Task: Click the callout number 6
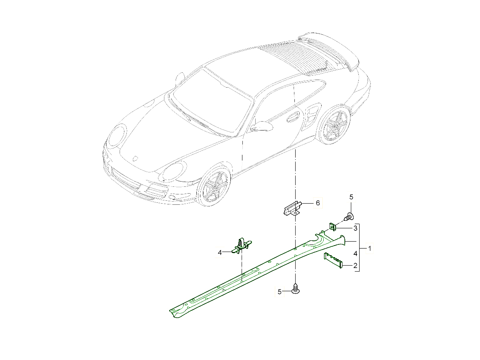click(318, 203)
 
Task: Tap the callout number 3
click(355, 228)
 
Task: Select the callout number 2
click(355, 266)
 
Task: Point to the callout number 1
click(370, 248)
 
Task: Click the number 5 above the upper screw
click(351, 197)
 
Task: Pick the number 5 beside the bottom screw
click(280, 292)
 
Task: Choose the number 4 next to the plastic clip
click(220, 253)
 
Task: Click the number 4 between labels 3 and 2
click(355, 254)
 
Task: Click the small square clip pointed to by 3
click(332, 228)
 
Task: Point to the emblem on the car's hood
click(135, 158)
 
